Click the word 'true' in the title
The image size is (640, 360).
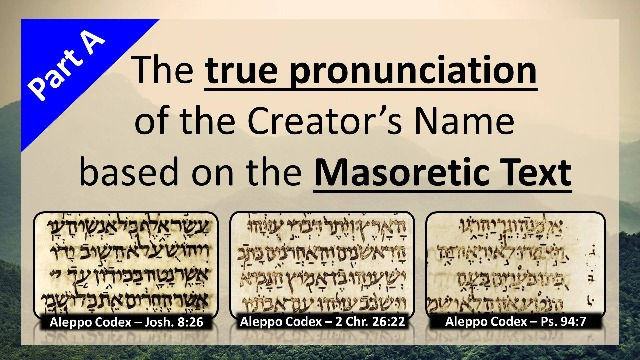coord(240,72)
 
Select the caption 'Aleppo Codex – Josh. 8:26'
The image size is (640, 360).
coord(124,323)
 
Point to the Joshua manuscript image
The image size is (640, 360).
coord(124,263)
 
